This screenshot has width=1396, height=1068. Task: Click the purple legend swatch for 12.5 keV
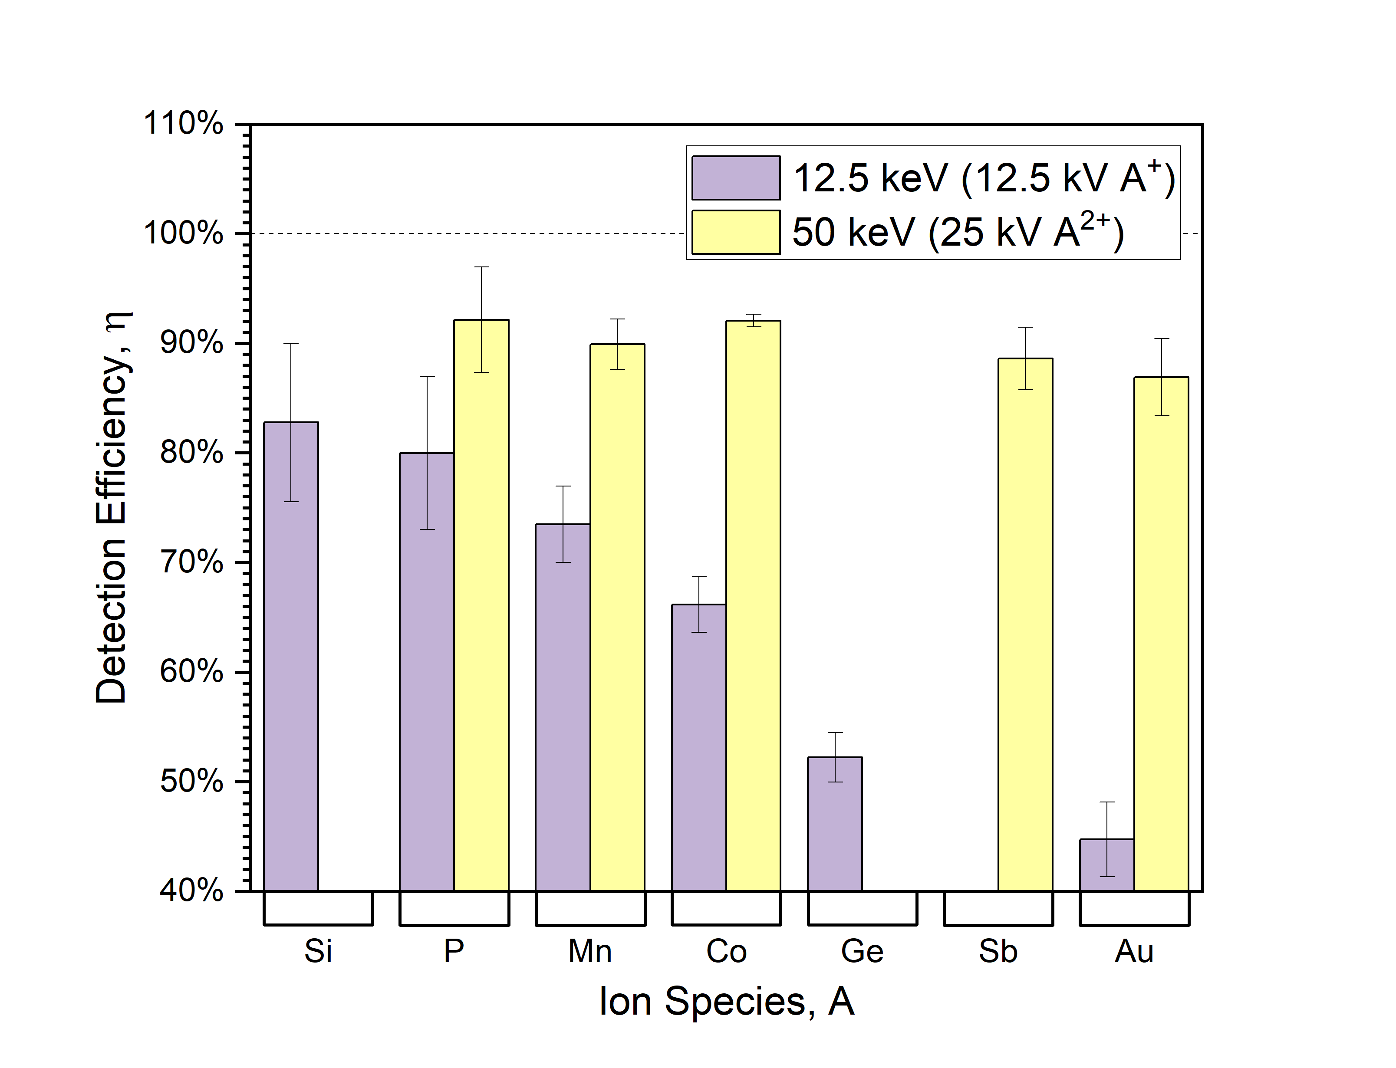(x=735, y=178)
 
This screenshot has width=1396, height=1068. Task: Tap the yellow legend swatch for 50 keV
(x=735, y=232)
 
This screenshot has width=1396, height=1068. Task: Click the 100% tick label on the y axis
(x=184, y=233)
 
